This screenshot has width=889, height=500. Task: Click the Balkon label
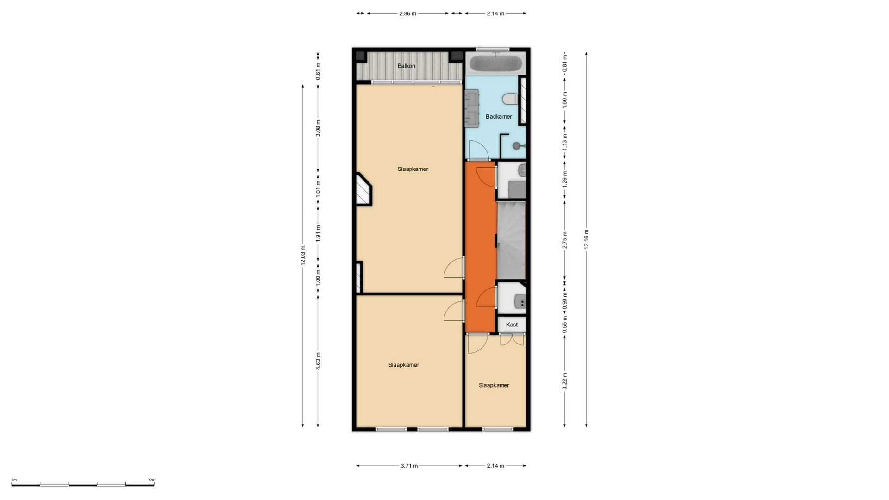pos(407,66)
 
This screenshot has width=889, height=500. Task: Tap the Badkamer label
pos(499,116)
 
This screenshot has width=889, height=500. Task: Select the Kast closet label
pos(512,325)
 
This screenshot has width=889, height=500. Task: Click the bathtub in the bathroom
pos(496,63)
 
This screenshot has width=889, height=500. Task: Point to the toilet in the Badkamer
pos(511,99)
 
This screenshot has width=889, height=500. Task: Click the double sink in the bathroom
pos(472,108)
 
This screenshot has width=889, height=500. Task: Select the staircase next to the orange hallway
pos(511,240)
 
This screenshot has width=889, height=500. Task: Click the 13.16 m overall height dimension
pos(586,239)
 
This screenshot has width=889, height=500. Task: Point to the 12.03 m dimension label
pos(303,256)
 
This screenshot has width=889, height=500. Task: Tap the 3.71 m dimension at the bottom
pos(409,466)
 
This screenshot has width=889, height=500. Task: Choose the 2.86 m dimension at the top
pos(408,13)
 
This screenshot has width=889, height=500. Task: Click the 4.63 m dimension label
pos(318,361)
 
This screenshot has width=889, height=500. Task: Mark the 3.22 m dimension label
pos(564,381)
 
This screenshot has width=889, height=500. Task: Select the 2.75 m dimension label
pos(564,240)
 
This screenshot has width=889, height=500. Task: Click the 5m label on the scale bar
pos(151,480)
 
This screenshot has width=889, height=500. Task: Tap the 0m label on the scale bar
pos(14,480)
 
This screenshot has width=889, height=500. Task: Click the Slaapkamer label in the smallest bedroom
pos(494,385)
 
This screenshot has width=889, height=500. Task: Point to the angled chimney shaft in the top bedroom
pos(364,189)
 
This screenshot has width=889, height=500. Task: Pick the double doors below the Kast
pos(512,340)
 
